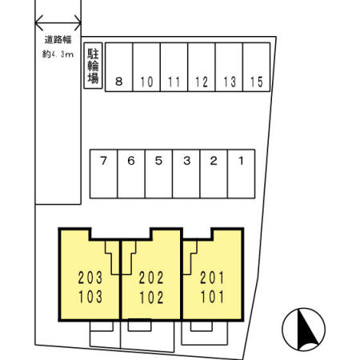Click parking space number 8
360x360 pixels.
119,67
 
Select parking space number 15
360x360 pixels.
257,67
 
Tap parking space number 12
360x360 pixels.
202,67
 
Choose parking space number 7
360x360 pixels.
104,174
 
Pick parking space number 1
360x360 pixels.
241,174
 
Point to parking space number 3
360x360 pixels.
186,174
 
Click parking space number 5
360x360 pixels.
158,174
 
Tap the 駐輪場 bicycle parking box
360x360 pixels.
93,66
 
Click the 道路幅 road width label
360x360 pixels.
58,40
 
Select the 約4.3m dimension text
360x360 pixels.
58,54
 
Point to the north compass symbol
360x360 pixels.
303,330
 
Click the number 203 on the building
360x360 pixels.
90,278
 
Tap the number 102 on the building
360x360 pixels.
151,298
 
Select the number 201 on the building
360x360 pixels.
212,278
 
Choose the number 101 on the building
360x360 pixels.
212,297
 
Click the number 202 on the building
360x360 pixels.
151,278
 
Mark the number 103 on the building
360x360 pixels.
90,297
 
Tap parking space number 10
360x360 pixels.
146,67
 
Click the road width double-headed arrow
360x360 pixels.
58,23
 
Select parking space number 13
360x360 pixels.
229,67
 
